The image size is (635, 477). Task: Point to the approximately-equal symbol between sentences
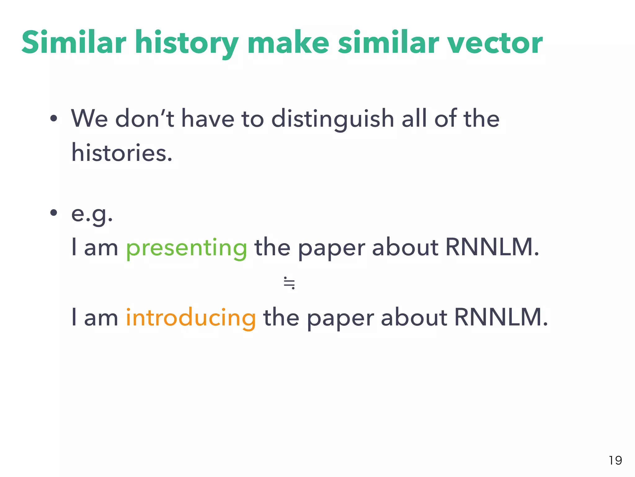[289, 283]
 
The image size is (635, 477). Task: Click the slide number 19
[615, 460]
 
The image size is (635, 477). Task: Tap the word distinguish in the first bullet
[332, 119]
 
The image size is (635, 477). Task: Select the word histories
[122, 153]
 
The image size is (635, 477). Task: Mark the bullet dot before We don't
[54, 118]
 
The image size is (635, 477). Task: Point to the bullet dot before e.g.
[54, 213]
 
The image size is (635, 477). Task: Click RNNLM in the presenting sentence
[492, 248]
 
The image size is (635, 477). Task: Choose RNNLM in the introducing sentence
[501, 317]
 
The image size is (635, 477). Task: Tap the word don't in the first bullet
[144, 119]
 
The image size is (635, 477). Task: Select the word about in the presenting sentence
[405, 248]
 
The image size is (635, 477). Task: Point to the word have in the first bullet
[208, 119]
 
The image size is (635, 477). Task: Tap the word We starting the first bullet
[89, 119]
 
